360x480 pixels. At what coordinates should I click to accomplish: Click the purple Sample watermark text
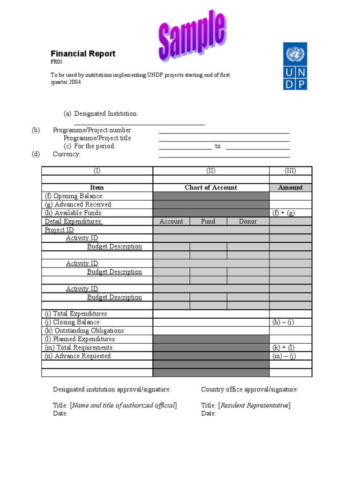[191, 36]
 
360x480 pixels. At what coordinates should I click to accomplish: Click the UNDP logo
[295, 66]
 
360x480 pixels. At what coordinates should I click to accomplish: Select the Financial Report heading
[83, 54]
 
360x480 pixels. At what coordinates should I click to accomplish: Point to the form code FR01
[56, 62]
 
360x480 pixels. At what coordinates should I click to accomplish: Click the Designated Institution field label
[106, 114]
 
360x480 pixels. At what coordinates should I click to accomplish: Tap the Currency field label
[67, 154]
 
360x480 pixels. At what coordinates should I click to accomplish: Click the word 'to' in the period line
[218, 146]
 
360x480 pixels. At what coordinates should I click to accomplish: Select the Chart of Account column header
[211, 187]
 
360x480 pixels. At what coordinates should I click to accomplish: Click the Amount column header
[291, 187]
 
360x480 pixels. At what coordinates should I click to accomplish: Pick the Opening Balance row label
[74, 196]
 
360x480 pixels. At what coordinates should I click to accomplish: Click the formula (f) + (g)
[284, 213]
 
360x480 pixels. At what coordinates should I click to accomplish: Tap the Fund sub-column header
[208, 221]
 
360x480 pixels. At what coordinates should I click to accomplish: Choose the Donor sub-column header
[248, 221]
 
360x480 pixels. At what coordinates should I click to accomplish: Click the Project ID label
[59, 230]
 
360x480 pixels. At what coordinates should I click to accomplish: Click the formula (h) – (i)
[283, 322]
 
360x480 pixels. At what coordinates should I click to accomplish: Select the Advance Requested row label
[78, 356]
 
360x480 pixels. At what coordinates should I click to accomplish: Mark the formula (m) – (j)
[284, 356]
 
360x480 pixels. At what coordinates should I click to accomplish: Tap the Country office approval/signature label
[249, 390]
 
